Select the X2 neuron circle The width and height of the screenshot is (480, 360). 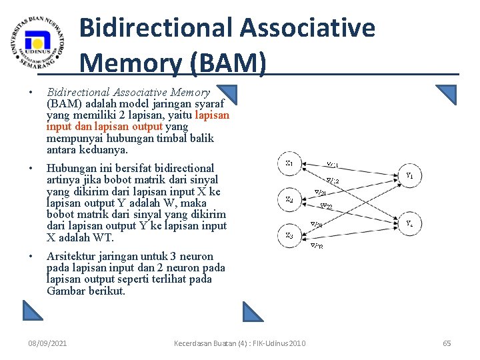tap(290, 199)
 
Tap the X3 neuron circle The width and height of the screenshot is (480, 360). tap(290, 235)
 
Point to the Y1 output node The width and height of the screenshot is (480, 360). tap(410, 177)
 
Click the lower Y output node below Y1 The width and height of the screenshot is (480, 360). tap(410, 223)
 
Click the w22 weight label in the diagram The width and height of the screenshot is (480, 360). tap(327, 206)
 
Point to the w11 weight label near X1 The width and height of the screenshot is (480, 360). tap(331, 164)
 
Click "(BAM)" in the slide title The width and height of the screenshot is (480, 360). tap(228, 63)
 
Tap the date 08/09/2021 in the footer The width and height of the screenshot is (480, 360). tap(47, 343)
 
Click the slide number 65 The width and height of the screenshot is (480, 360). tap(447, 343)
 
